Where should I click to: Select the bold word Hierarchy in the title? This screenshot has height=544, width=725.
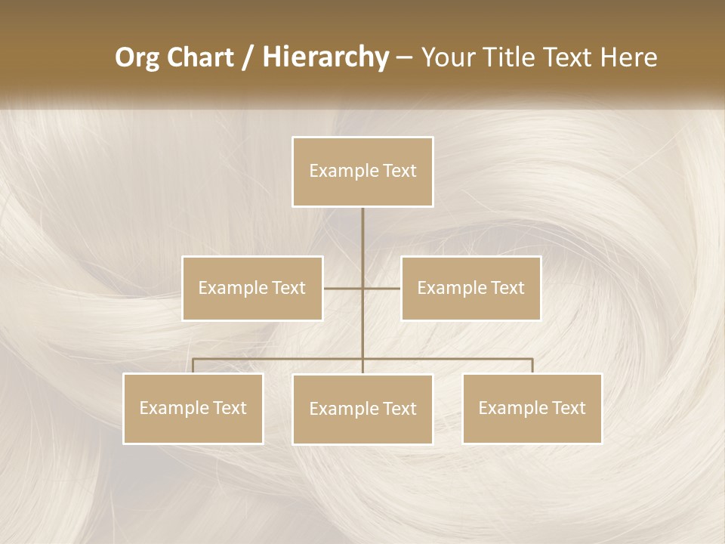tap(325, 57)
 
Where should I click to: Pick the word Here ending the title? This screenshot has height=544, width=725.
tap(628, 57)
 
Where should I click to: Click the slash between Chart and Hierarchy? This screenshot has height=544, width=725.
tap(248, 58)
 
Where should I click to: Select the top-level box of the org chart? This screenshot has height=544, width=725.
tap(362, 172)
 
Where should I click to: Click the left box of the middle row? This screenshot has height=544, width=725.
tap(252, 288)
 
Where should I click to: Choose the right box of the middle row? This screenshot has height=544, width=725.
tap(470, 288)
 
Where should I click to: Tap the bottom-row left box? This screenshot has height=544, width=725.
tap(193, 408)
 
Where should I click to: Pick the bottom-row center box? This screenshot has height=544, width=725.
tap(362, 409)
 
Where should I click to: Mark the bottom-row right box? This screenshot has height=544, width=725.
tap(532, 408)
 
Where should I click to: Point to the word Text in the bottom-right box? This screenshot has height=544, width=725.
tap(568, 408)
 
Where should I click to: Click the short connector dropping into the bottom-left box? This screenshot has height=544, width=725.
tap(193, 366)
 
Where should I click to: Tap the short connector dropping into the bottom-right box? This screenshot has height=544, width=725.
tap(532, 366)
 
